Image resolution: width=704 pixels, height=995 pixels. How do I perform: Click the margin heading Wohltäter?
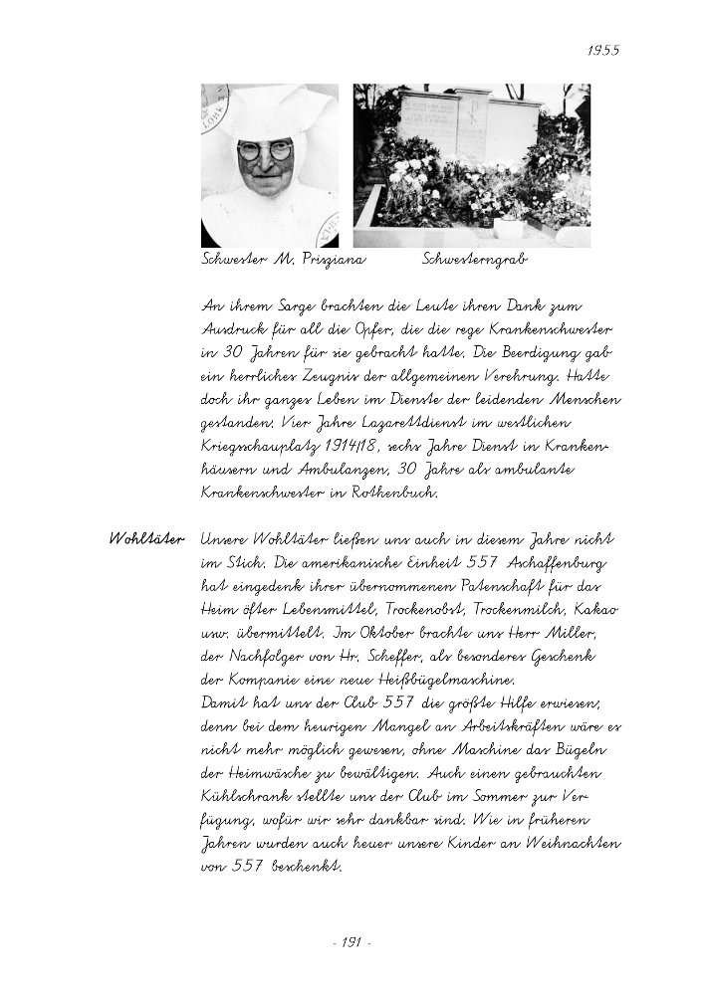pyautogui.click(x=145, y=539)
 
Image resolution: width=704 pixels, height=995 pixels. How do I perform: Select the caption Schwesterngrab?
pyautogui.click(x=475, y=260)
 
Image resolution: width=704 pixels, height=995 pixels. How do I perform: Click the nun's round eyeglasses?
pyautogui.click(x=265, y=151)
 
